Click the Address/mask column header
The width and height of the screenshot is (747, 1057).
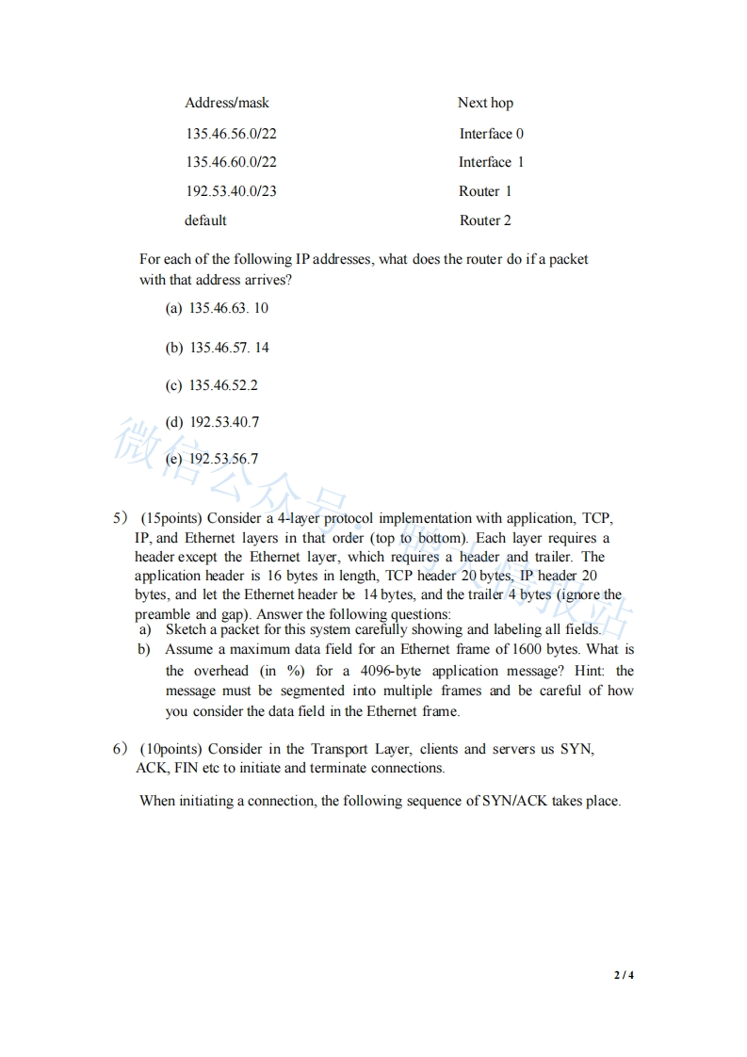(227, 103)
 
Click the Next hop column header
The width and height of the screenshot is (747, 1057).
(485, 103)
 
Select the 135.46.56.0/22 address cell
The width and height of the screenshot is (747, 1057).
(231, 134)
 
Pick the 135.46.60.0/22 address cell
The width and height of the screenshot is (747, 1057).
(231, 162)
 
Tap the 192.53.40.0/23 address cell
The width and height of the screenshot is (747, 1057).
(231, 191)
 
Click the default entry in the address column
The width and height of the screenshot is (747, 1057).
(205, 220)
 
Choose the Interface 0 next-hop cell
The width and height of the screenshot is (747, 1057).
(491, 134)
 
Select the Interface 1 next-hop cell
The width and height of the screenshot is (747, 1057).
(491, 162)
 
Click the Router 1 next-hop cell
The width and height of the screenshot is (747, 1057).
(485, 191)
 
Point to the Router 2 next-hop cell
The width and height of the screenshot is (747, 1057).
(485, 220)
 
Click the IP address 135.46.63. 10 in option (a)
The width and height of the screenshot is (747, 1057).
(229, 308)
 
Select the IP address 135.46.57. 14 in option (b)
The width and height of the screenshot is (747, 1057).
(229, 348)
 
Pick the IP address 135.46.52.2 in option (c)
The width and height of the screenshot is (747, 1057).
(223, 385)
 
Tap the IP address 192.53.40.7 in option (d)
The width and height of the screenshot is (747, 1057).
(224, 422)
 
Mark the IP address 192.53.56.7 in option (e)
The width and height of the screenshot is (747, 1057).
(224, 459)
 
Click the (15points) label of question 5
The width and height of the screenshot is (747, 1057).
(171, 518)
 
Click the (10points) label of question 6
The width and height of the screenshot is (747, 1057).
(171, 749)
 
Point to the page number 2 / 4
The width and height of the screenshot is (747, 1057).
(625, 975)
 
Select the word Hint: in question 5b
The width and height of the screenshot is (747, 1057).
(586, 671)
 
